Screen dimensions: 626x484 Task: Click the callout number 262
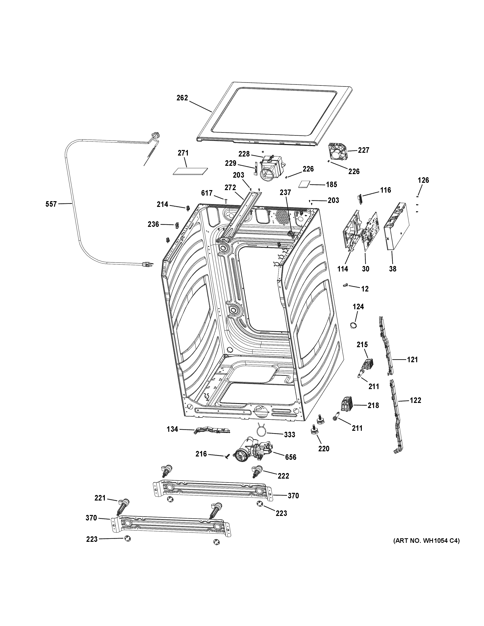pyautogui.click(x=182, y=98)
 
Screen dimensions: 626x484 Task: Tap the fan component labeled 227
pyautogui.click(x=338, y=152)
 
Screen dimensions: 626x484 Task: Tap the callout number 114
pyautogui.click(x=343, y=269)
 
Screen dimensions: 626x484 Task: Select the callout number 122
pyautogui.click(x=415, y=400)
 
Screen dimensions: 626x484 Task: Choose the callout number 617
pyautogui.click(x=207, y=193)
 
